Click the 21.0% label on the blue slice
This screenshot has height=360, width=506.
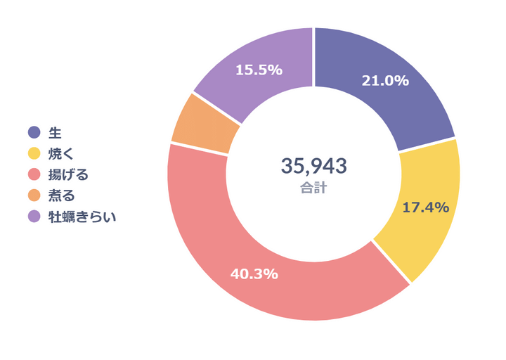pyautogui.click(x=384, y=81)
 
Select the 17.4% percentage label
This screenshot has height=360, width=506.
pyautogui.click(x=425, y=207)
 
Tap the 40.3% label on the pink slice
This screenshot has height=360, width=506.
pyautogui.click(x=254, y=274)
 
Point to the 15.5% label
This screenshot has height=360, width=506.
pyautogui.click(x=259, y=70)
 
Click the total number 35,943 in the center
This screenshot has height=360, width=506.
pyautogui.click(x=313, y=166)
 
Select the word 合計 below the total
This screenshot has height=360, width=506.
pyautogui.click(x=313, y=188)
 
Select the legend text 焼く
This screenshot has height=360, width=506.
pyautogui.click(x=60, y=153)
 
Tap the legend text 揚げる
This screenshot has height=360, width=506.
pyautogui.click(x=67, y=174)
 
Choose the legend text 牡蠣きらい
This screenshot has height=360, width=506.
pyautogui.click(x=82, y=217)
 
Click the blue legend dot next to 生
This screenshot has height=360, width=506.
pyautogui.click(x=34, y=132)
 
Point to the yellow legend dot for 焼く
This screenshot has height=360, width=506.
pyautogui.click(x=34, y=153)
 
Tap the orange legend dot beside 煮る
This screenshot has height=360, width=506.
pyautogui.click(x=34, y=195)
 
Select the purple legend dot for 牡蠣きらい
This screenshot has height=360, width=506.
pyautogui.click(x=34, y=217)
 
